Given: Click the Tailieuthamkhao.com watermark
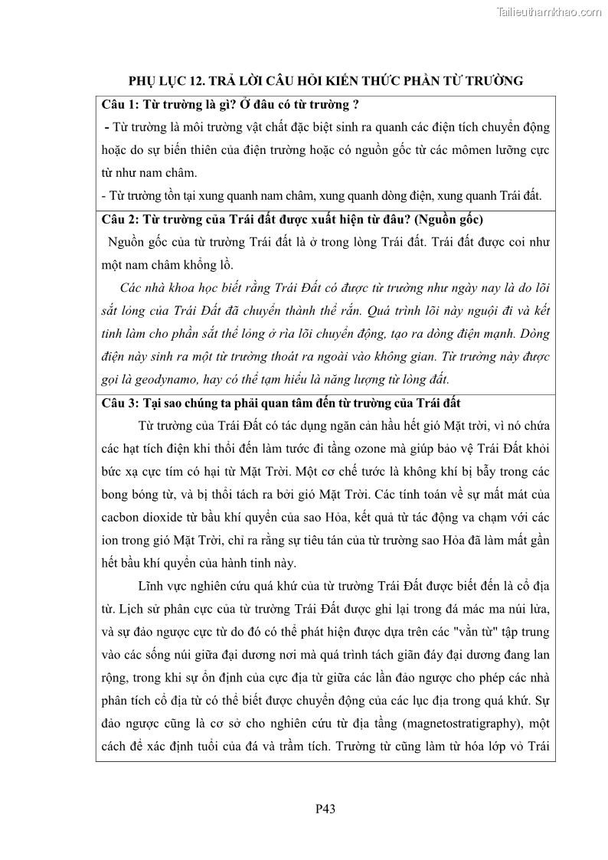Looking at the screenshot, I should tap(549, 11).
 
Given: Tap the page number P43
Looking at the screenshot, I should tap(325, 808).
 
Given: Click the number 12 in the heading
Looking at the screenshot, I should tap(189, 80).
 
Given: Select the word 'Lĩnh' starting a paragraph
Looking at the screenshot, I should tap(152, 587).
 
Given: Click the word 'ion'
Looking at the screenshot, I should tap(110, 541).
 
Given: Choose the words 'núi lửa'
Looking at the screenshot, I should tap(528, 610).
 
